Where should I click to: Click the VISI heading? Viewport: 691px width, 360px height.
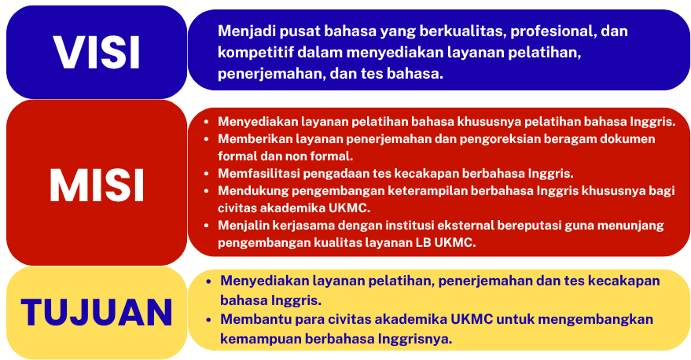coord(97,53)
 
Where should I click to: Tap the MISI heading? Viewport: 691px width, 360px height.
coord(97,185)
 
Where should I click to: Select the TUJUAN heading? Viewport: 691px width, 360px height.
coord(97,312)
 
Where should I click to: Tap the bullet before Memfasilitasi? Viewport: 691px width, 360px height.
coord(206,174)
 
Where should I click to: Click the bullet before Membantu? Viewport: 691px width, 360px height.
coord(209,319)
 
